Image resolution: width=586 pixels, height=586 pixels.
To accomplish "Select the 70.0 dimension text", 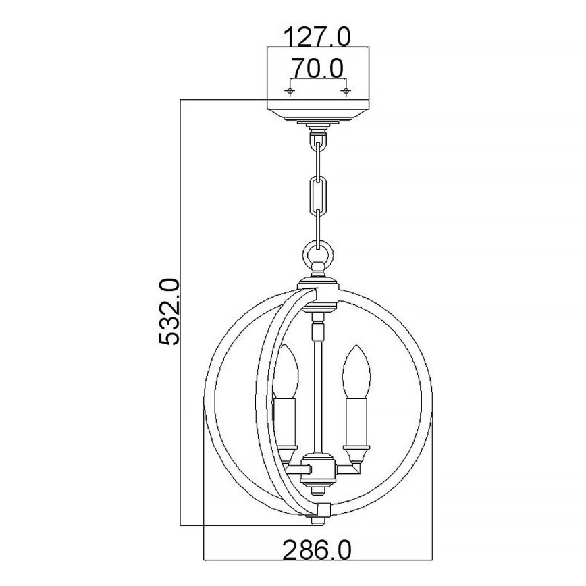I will point(317,68).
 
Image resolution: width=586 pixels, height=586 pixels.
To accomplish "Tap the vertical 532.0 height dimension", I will point(169,312).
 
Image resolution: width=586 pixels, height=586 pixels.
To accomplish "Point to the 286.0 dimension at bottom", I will point(317,551).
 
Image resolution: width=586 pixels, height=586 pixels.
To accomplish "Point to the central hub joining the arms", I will point(317,467).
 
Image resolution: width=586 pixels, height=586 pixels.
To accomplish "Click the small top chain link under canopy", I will point(317,144).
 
